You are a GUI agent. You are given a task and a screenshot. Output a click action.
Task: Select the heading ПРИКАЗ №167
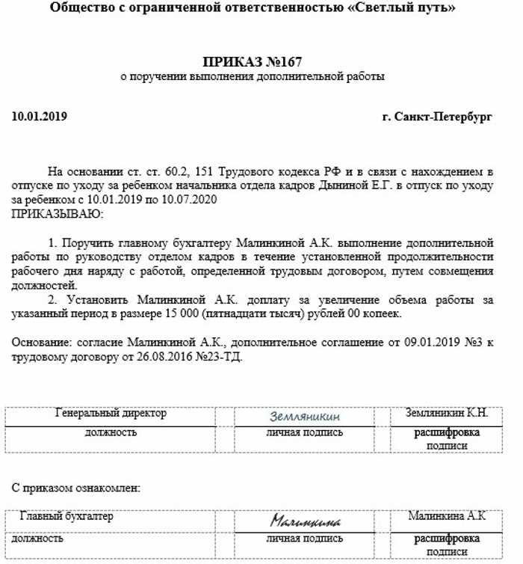[253, 61]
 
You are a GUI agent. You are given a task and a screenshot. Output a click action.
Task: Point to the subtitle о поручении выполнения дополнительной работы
[253, 76]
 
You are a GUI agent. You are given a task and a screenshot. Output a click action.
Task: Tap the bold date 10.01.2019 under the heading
[40, 117]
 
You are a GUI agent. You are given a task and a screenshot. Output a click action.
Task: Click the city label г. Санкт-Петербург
[436, 117]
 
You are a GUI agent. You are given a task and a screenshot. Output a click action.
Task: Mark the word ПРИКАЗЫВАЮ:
[58, 214]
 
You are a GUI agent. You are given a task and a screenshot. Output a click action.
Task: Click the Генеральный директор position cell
[111, 413]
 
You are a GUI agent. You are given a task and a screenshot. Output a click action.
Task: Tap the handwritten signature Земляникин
[305, 417]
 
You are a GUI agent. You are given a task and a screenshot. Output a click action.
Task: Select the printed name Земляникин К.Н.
[447, 413]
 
